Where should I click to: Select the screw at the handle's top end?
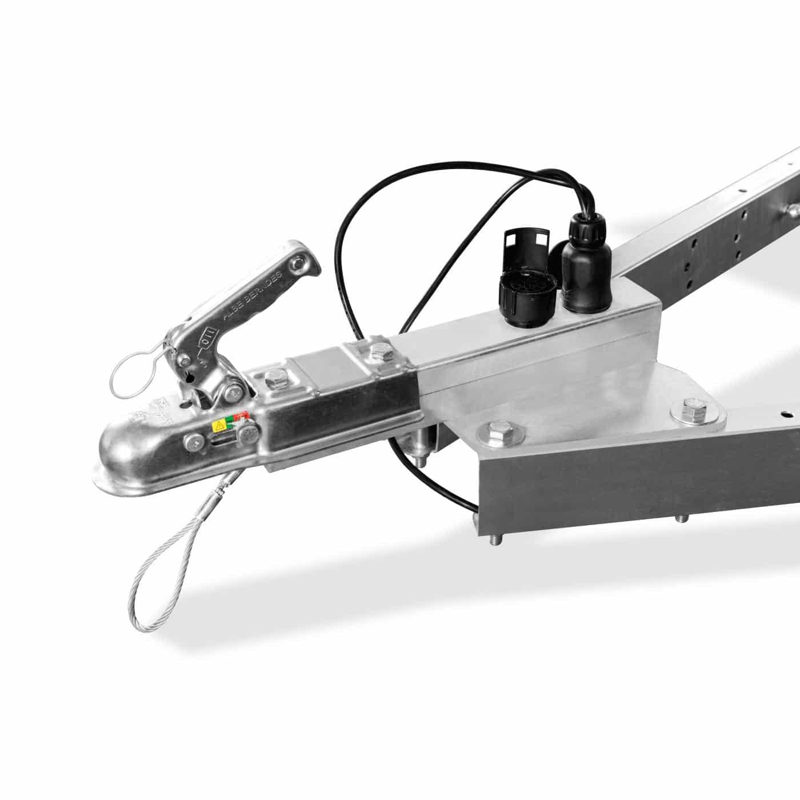tap(296, 263)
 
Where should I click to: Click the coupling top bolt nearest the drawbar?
tap(377, 351)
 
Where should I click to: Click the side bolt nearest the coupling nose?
tap(195, 440)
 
